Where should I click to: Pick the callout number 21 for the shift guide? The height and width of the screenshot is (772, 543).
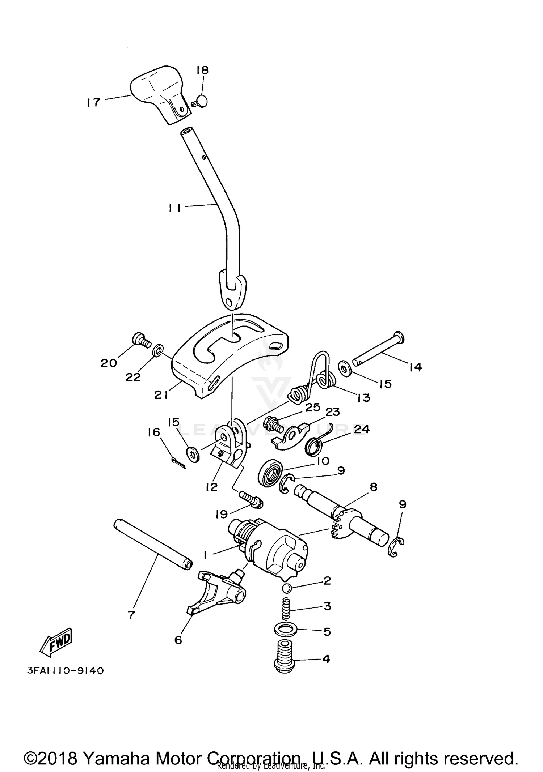(161, 395)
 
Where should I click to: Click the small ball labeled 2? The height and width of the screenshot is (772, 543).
(287, 588)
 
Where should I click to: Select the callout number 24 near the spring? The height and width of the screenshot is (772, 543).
(362, 429)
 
